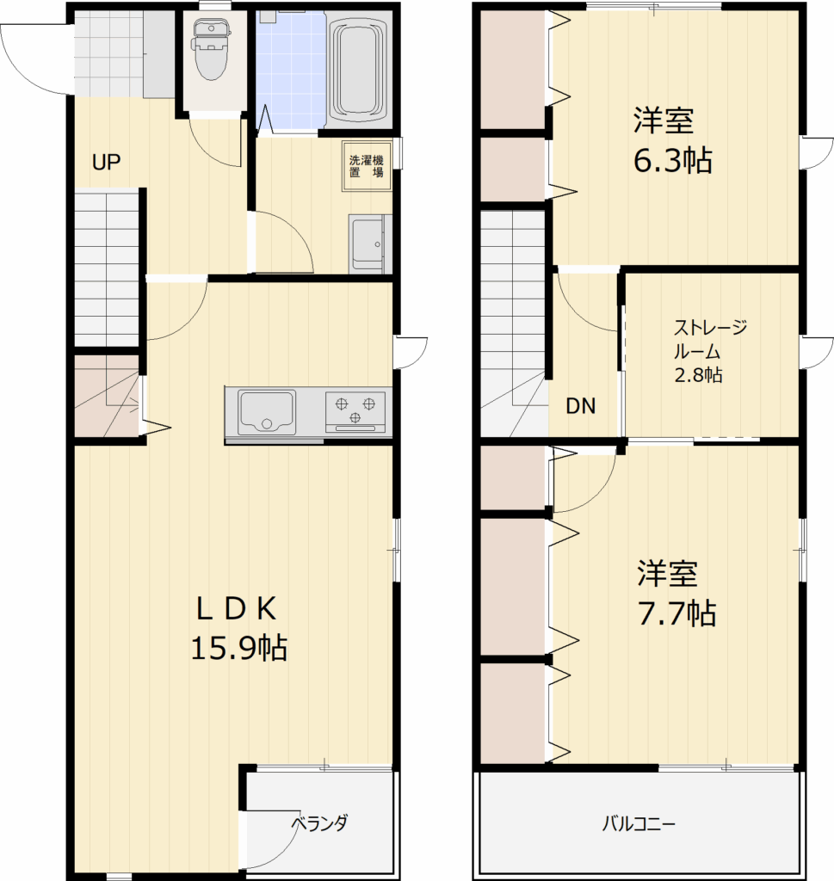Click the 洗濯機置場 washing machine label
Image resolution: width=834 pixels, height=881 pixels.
367,166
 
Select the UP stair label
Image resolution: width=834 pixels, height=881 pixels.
106,163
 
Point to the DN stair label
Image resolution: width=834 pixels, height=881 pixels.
581,406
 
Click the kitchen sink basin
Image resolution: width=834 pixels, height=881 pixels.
267,412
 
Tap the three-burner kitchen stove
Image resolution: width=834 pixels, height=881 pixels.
355,412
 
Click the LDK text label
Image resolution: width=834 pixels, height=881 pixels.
236,608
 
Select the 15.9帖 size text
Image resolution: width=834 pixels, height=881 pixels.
239,648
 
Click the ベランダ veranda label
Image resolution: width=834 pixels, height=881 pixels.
320,823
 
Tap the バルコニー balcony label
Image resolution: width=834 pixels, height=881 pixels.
639,824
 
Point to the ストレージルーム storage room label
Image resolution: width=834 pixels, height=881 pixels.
710,339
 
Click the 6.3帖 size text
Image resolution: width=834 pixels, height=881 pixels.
673,161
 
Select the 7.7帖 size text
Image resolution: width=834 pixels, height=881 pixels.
676,613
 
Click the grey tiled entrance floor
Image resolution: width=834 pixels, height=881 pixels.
125,54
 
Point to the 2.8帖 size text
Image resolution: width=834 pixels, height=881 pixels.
699,375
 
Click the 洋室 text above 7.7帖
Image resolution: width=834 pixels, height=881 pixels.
667,573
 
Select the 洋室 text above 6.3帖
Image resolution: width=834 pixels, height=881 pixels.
664,120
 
